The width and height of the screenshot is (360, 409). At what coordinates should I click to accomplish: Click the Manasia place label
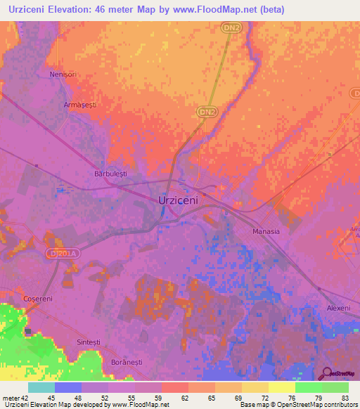click(x=266, y=231)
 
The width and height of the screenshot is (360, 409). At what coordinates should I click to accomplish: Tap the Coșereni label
click(x=38, y=299)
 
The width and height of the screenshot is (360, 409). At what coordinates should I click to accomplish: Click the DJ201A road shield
click(x=60, y=252)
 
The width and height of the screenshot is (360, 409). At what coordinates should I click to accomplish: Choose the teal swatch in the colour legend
click(x=41, y=387)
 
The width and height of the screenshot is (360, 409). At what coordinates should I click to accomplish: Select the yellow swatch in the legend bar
click(x=282, y=387)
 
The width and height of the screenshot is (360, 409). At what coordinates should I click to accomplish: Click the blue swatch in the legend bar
click(x=68, y=387)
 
